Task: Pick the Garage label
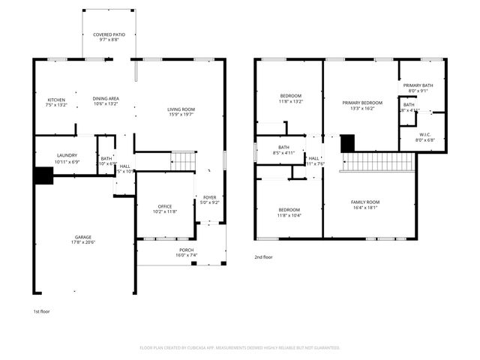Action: tap(82, 239)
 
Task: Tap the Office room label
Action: tap(165, 209)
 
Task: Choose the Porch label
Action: tap(186, 253)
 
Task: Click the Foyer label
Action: tap(209, 199)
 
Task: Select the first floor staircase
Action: tap(183, 160)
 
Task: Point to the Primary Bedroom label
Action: tap(362, 105)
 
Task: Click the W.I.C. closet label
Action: tap(424, 137)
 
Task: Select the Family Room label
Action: tap(367, 205)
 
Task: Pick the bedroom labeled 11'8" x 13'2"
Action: tap(291, 98)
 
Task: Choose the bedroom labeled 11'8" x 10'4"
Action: tap(289, 212)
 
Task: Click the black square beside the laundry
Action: tap(43, 175)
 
